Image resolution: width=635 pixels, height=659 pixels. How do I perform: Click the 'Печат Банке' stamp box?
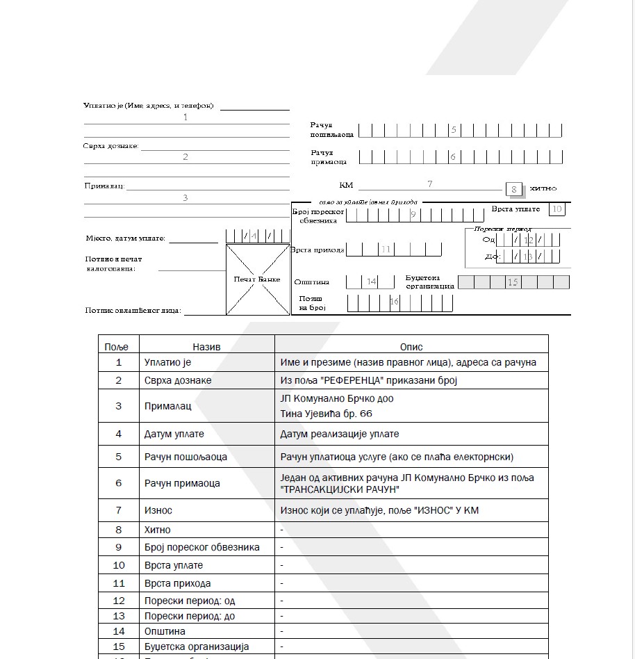[x=258, y=279]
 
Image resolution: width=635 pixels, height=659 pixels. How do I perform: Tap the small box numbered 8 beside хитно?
[x=514, y=189]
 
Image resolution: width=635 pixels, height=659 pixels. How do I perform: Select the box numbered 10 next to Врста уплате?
[x=556, y=209]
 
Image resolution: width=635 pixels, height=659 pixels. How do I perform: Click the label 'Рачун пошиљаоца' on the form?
[x=331, y=129]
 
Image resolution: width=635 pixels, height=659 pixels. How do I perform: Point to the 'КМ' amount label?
[x=346, y=185]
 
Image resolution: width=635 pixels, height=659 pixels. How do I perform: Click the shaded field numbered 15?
[x=513, y=282]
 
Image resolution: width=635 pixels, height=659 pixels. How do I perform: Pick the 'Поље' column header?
[x=119, y=346]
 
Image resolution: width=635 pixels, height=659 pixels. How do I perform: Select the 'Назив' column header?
[x=206, y=346]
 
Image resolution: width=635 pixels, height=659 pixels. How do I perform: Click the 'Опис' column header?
[x=411, y=346]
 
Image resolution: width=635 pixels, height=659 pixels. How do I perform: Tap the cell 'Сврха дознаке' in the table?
[x=178, y=380]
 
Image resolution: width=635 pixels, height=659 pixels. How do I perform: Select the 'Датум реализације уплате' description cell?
[x=339, y=434]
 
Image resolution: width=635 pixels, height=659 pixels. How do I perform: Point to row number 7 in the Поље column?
[x=119, y=510]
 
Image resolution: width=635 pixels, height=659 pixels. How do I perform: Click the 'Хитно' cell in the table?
[x=157, y=530]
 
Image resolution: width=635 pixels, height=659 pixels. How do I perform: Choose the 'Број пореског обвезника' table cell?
[x=201, y=547]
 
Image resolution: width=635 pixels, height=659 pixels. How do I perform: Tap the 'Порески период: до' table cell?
[x=189, y=616]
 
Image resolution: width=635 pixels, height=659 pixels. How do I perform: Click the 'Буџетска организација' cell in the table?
[x=196, y=646]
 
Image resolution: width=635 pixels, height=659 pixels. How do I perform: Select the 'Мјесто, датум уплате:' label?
[x=126, y=238]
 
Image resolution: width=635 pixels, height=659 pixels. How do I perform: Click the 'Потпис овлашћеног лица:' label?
[x=133, y=311]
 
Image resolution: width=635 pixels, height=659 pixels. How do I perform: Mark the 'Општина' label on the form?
[x=311, y=282]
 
